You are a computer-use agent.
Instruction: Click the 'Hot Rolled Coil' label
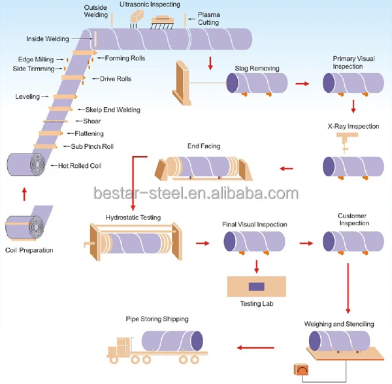click(x=80, y=166)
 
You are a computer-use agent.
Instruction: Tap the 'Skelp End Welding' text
click(x=113, y=110)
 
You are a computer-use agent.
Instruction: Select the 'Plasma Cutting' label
click(x=209, y=18)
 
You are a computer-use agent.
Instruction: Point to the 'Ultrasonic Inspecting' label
click(x=150, y=5)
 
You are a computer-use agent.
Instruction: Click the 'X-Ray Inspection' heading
click(x=353, y=126)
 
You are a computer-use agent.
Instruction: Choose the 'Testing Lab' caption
click(x=257, y=304)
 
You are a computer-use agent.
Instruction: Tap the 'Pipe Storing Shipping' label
click(x=157, y=319)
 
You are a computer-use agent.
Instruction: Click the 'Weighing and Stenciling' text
click(x=339, y=324)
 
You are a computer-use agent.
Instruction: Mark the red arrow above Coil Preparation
click(x=24, y=195)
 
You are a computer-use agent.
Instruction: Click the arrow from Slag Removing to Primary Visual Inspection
click(x=302, y=84)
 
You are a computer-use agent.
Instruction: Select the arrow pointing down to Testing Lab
click(x=257, y=266)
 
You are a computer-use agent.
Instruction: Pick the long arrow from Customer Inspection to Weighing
click(x=348, y=288)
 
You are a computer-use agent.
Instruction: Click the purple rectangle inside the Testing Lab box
click(x=257, y=287)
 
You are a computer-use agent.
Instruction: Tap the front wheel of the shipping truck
click(x=114, y=360)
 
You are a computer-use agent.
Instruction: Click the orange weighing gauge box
click(x=301, y=370)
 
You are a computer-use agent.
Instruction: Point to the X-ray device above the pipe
click(x=347, y=142)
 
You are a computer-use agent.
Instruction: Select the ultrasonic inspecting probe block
click(x=137, y=16)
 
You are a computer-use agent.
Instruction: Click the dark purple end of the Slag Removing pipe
click(x=233, y=83)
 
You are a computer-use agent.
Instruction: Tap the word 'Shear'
click(x=92, y=121)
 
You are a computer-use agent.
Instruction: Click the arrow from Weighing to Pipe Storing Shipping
click(x=255, y=347)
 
